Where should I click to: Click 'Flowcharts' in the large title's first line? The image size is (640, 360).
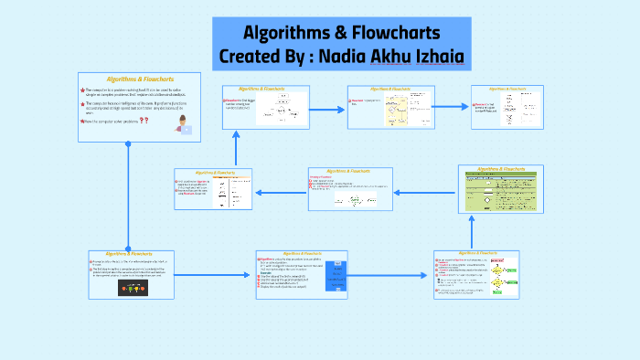coord(395,33)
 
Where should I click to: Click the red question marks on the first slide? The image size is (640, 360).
coord(144,120)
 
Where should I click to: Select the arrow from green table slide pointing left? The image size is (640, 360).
coord(425,191)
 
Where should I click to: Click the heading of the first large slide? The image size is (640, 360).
coord(140,79)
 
